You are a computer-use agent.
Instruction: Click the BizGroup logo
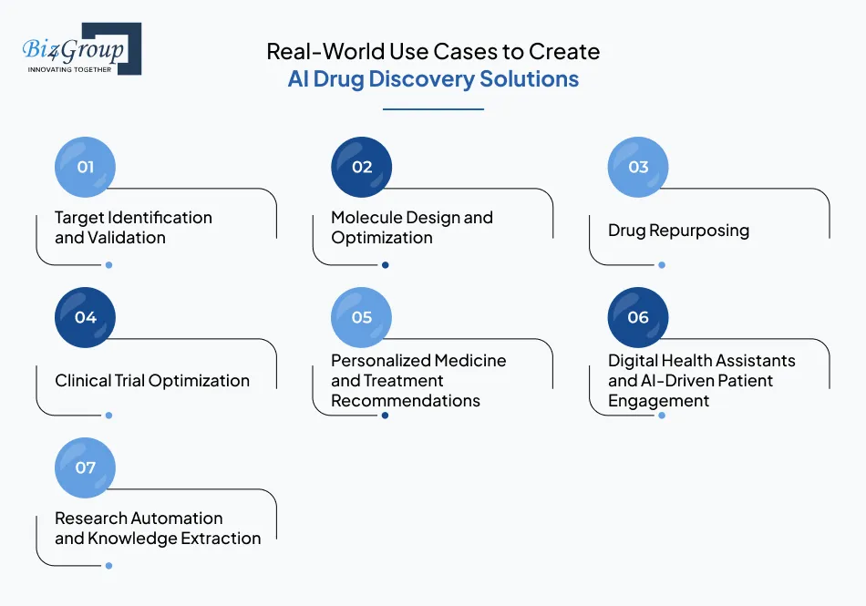tap(80, 48)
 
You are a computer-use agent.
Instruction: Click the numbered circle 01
tap(86, 167)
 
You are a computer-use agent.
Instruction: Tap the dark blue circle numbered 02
tap(362, 167)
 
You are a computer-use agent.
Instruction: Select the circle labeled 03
tap(638, 167)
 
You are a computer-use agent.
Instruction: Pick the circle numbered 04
tap(86, 317)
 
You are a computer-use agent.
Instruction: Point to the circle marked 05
tap(362, 317)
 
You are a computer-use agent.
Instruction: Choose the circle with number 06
tap(638, 317)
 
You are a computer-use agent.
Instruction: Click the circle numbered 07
tap(86, 467)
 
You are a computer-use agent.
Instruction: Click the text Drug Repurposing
tap(678, 230)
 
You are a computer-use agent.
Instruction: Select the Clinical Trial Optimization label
tap(152, 381)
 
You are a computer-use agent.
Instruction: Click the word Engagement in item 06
tap(658, 401)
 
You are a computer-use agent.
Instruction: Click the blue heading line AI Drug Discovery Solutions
tap(433, 79)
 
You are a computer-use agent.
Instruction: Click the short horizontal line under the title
tap(433, 109)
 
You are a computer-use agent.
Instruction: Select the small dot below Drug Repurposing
tap(662, 265)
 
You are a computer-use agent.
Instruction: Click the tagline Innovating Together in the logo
tap(69, 69)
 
